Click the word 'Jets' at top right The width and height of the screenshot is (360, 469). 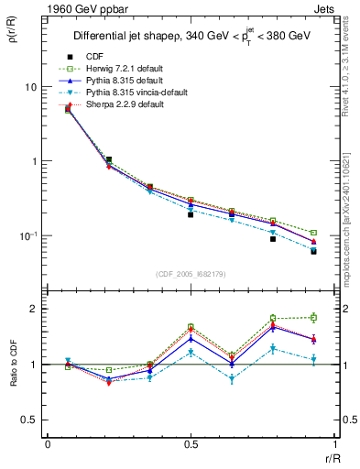[324, 8]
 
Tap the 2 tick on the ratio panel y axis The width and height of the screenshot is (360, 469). [34, 309]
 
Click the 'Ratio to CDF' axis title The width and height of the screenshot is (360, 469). [12, 364]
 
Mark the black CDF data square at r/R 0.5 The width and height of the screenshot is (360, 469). [191, 214]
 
